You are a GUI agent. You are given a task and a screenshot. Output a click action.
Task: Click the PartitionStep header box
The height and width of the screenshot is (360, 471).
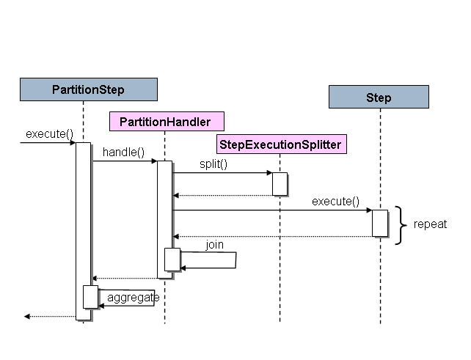[x=88, y=89]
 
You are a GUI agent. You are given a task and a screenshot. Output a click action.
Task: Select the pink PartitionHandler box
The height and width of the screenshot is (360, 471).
[x=166, y=121]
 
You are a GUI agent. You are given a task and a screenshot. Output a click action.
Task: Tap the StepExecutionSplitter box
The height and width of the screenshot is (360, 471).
[x=280, y=144]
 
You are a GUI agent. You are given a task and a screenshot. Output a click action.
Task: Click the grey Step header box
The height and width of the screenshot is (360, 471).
[x=379, y=97]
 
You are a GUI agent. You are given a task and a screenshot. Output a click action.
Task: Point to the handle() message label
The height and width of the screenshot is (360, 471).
[x=123, y=153]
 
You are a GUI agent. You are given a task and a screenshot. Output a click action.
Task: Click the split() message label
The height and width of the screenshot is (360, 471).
[x=213, y=164]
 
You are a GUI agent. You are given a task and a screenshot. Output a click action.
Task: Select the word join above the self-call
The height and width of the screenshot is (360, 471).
[x=214, y=244]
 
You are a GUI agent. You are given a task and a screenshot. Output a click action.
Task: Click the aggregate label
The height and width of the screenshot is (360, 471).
[x=133, y=297]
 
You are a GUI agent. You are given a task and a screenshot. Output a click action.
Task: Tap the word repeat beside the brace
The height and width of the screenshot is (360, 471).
[x=430, y=224]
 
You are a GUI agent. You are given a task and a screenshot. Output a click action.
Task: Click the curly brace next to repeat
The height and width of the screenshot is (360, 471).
[x=401, y=224]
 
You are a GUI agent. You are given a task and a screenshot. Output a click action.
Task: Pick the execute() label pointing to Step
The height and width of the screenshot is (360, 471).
[x=335, y=201]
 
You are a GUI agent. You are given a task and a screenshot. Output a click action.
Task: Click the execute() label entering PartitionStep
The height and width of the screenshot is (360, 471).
[x=50, y=133]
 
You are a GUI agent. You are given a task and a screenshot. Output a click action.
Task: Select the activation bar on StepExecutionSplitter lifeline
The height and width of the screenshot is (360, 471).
[x=280, y=184]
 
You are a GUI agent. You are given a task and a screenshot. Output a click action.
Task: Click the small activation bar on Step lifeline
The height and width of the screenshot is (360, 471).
[x=379, y=223]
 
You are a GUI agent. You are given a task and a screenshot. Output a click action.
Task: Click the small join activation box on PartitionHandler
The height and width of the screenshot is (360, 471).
[x=172, y=260]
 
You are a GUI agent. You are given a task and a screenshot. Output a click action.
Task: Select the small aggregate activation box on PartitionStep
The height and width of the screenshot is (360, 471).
[x=90, y=297]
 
